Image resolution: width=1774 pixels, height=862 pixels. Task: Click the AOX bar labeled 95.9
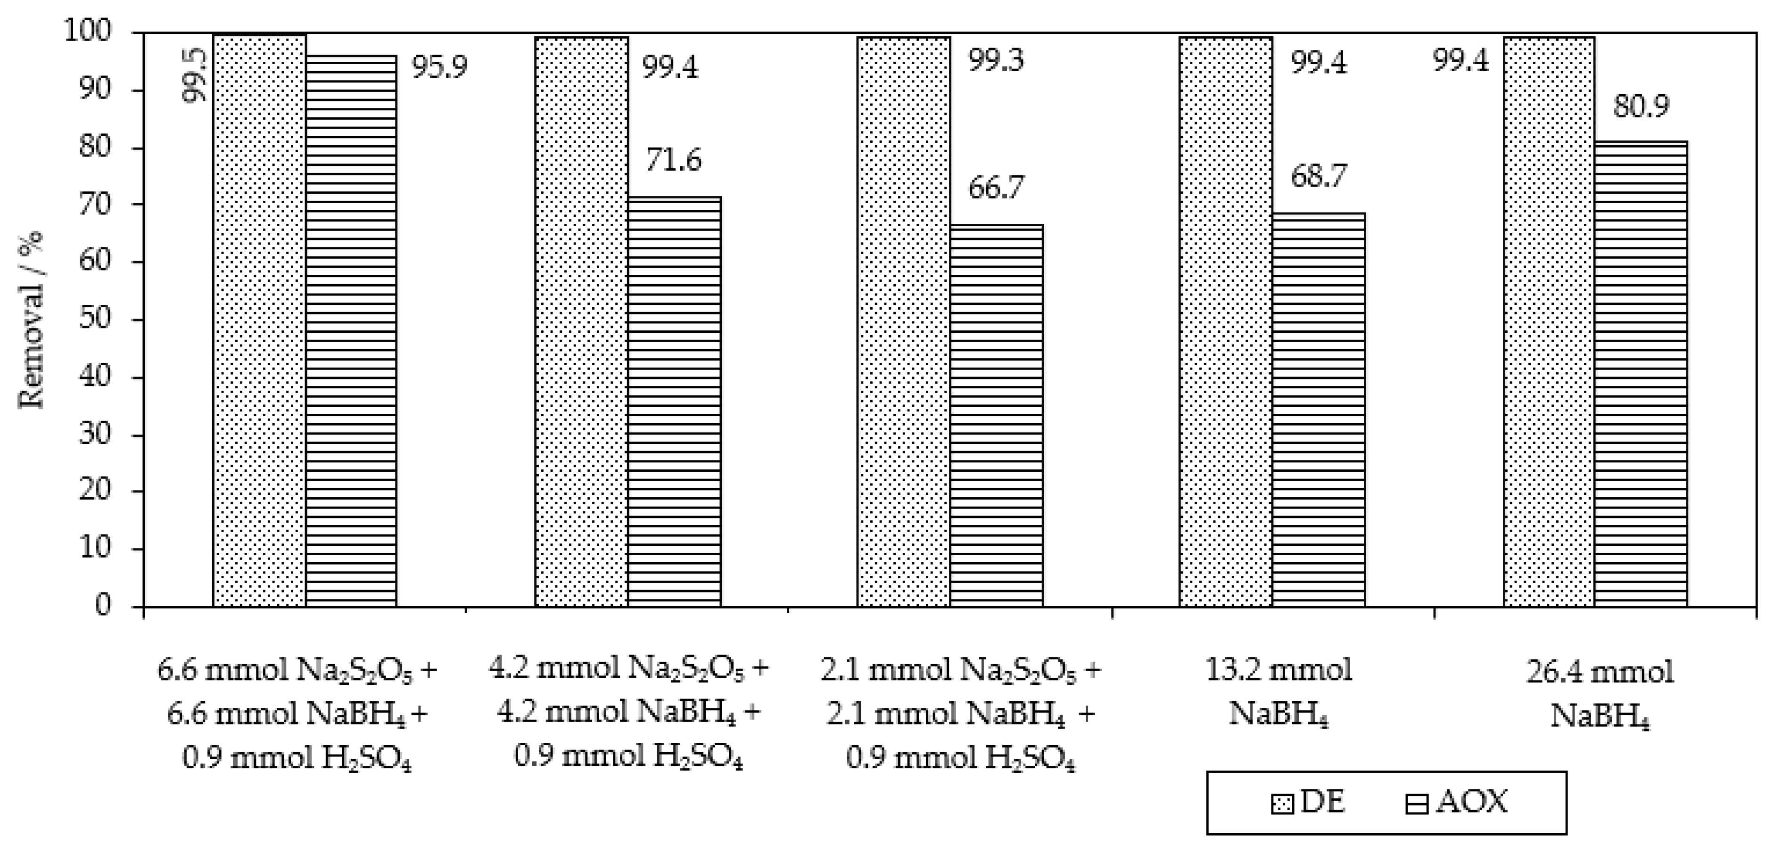(351, 330)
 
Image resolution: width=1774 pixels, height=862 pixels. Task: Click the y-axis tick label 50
(95, 320)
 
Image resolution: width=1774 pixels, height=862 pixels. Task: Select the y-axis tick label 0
(103, 606)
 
